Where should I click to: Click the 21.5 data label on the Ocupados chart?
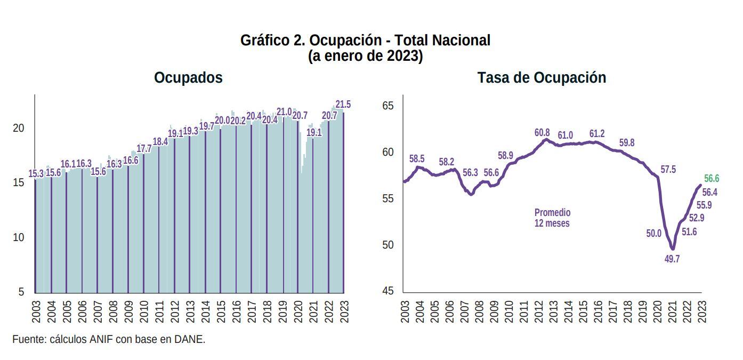(343, 105)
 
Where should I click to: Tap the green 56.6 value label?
(712, 179)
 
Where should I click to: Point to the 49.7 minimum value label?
(672, 259)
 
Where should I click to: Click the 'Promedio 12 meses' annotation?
(552, 218)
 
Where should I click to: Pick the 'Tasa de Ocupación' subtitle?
(542, 78)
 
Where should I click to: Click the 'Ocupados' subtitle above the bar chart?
(188, 78)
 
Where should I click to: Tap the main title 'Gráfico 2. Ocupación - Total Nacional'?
(365, 40)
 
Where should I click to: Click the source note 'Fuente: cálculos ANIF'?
(109, 339)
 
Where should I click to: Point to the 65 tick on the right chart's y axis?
(388, 106)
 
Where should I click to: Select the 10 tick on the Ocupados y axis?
(19, 237)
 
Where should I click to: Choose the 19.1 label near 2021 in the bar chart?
(314, 133)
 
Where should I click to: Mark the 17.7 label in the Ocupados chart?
(144, 149)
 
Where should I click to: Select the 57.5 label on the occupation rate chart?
(668, 170)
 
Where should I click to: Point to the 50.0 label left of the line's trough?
(653, 234)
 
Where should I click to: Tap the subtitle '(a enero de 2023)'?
(365, 56)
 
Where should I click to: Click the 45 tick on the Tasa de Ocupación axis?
(388, 291)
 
